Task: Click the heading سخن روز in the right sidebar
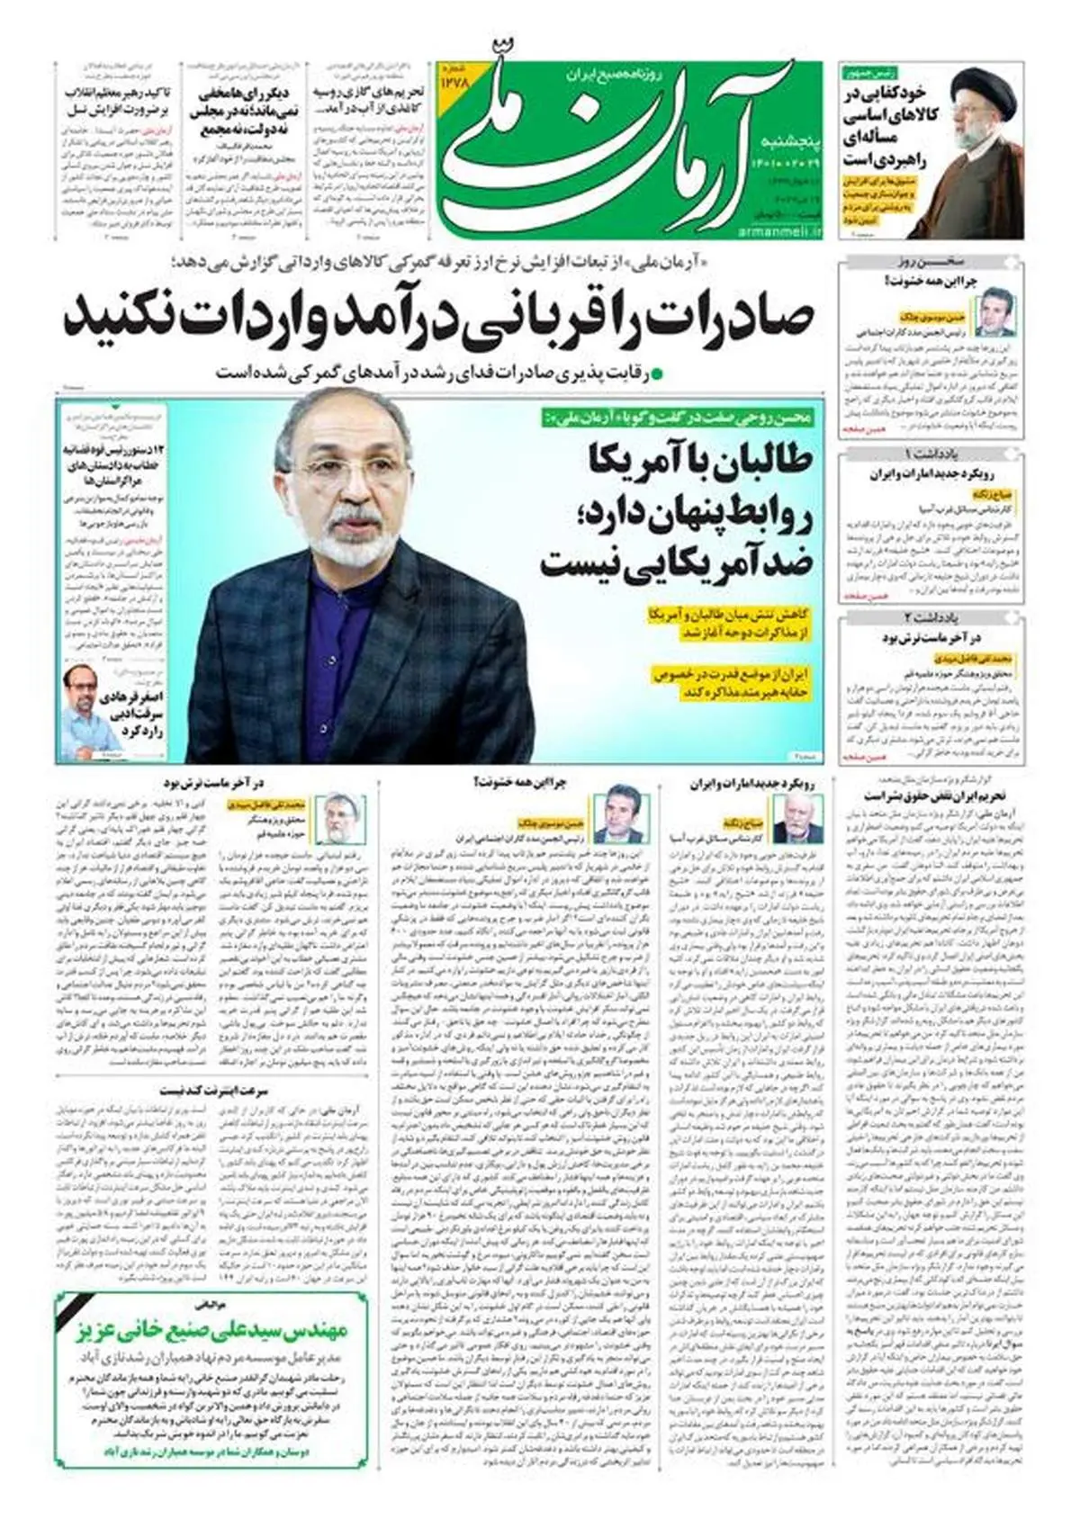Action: click(931, 263)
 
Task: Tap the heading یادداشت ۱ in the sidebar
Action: click(931, 454)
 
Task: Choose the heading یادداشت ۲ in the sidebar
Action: click(931, 617)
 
